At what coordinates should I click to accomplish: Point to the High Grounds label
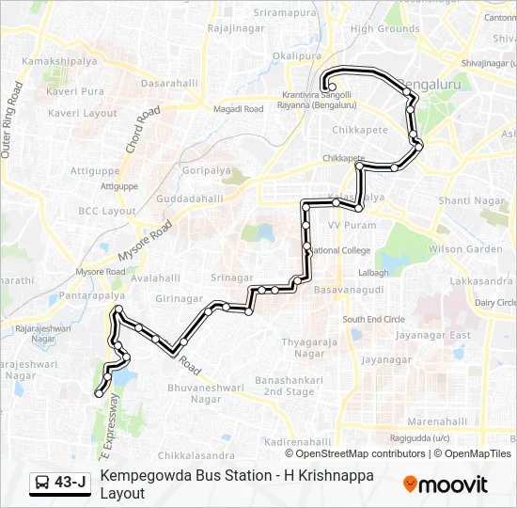tap(384, 29)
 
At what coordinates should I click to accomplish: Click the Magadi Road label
tap(239, 109)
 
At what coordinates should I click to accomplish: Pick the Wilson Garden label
tap(465, 249)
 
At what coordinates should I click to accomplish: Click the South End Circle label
tap(373, 320)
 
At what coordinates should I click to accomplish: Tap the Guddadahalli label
tap(190, 199)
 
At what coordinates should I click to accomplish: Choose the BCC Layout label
tap(107, 212)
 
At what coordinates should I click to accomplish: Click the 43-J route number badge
tap(70, 483)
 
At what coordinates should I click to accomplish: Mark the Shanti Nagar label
tap(467, 201)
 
